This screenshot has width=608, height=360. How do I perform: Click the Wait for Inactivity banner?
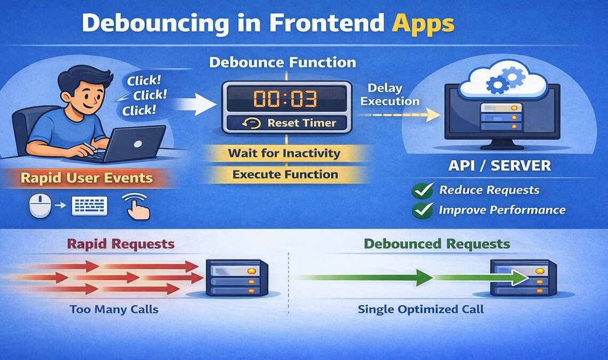coord(284,154)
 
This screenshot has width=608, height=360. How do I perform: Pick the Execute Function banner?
coord(284,174)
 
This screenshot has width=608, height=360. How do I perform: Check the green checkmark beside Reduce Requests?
coord(423,190)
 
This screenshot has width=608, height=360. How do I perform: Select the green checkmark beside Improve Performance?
coord(423,210)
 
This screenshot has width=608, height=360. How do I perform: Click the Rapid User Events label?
coord(86,178)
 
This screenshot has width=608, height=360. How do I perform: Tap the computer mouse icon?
coord(40,205)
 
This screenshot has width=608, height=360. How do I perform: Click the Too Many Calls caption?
coord(114,309)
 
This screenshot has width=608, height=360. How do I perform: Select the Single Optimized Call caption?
coord(421,309)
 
